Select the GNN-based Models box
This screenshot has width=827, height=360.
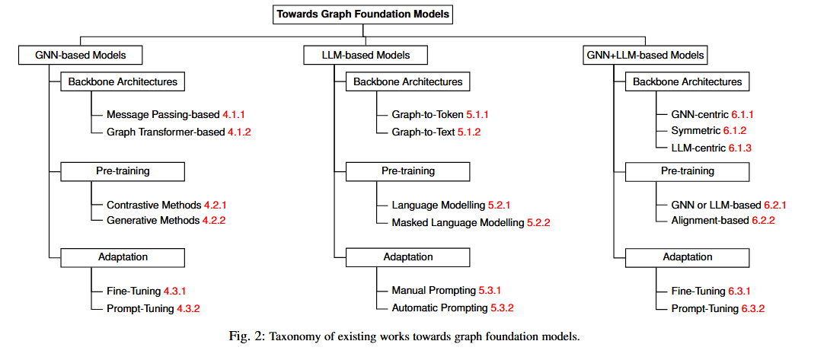click(x=81, y=55)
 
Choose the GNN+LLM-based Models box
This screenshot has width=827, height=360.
click(x=645, y=55)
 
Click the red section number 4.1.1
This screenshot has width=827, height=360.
click(x=234, y=114)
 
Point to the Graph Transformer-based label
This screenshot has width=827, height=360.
click(x=166, y=132)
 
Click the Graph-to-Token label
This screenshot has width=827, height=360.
click(x=422, y=114)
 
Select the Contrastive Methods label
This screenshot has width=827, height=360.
click(x=153, y=205)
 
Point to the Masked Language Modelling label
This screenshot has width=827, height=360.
click(x=457, y=222)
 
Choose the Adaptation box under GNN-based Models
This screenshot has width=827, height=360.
click(x=123, y=257)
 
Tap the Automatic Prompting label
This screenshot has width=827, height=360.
click(x=439, y=308)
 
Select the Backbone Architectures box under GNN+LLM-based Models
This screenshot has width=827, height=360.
click(x=688, y=82)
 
